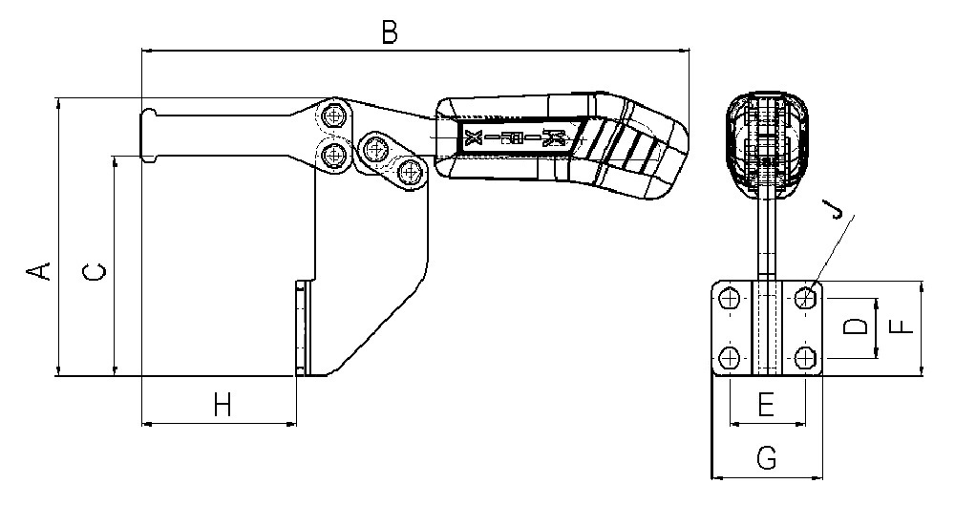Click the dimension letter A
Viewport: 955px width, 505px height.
(x=38, y=270)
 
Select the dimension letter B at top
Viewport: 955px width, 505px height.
(x=390, y=32)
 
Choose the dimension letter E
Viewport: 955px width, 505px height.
(x=766, y=405)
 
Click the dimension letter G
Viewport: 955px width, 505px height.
(x=767, y=457)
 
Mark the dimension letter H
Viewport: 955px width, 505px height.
(x=223, y=405)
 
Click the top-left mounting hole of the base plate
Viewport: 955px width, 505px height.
(x=729, y=299)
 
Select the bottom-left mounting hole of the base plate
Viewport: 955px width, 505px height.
(x=729, y=357)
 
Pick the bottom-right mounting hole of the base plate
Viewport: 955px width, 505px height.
(x=806, y=357)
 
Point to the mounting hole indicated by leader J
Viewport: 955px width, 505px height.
(x=806, y=299)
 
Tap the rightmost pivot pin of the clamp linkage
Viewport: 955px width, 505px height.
(x=412, y=171)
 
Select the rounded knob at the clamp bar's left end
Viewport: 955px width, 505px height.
(x=149, y=136)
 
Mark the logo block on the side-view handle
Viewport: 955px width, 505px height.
(x=520, y=138)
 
